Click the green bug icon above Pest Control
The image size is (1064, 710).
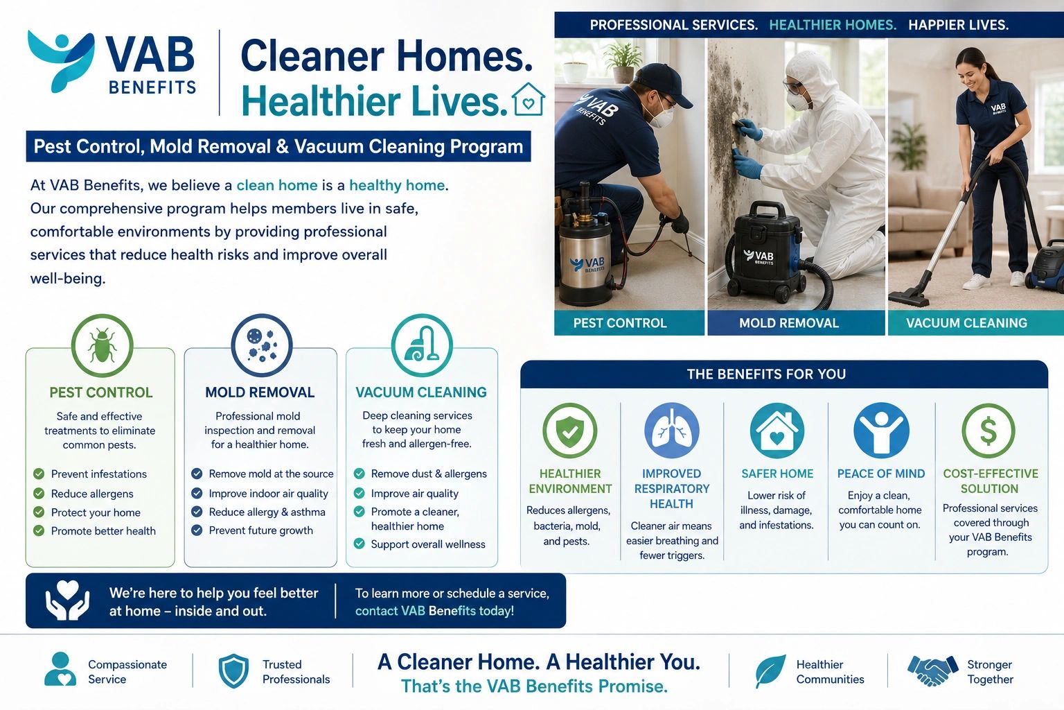point(102,345)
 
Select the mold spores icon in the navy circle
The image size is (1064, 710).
point(262,345)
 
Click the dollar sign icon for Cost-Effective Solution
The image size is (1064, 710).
point(988,431)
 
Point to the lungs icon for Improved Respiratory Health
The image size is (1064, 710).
point(672,431)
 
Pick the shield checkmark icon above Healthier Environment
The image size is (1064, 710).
point(570,431)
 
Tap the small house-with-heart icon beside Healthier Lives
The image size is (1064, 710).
point(529,99)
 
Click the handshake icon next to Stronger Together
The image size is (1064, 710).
point(933,670)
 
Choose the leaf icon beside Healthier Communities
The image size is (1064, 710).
point(770,671)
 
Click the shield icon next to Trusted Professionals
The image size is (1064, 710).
point(233,671)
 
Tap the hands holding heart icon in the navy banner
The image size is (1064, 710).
point(67,600)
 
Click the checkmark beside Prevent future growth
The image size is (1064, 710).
point(197,530)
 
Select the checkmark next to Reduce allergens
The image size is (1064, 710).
point(39,493)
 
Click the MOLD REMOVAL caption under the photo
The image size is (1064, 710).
point(788,323)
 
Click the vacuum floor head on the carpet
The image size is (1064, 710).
point(909,298)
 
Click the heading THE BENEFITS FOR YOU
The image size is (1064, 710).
point(766,374)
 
